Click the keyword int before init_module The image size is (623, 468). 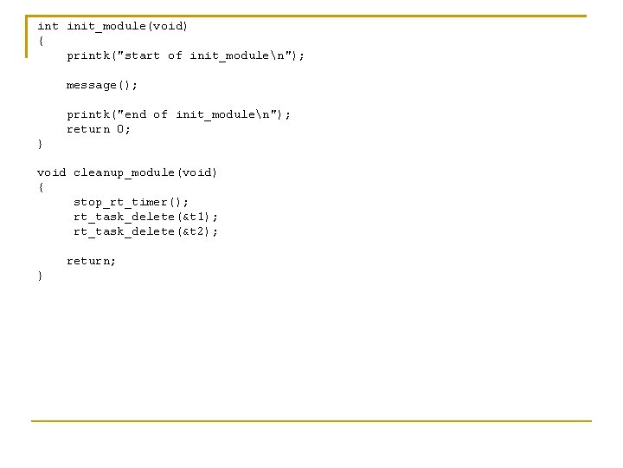pos(48,26)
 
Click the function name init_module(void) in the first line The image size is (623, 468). pos(127,26)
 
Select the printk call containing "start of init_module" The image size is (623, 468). pos(186,55)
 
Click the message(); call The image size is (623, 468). pos(102,85)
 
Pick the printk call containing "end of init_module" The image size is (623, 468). pos(179,114)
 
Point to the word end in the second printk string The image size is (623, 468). pos(135,114)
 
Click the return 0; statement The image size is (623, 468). pos(100,129)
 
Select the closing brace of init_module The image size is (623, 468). pos(40,144)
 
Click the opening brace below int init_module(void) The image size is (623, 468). pos(40,41)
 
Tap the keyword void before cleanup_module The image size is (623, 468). pos(51,172)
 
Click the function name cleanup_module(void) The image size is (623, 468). pos(145,172)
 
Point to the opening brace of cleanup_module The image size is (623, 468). pos(40,187)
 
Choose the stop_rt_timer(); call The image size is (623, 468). pos(131,202)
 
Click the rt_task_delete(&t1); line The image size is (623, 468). pos(145,217)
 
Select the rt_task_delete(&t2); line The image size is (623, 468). pos(145,231)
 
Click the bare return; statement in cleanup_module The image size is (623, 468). pos(92,261)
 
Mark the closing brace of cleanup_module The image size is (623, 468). pos(40,276)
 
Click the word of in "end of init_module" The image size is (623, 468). pos(160,114)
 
